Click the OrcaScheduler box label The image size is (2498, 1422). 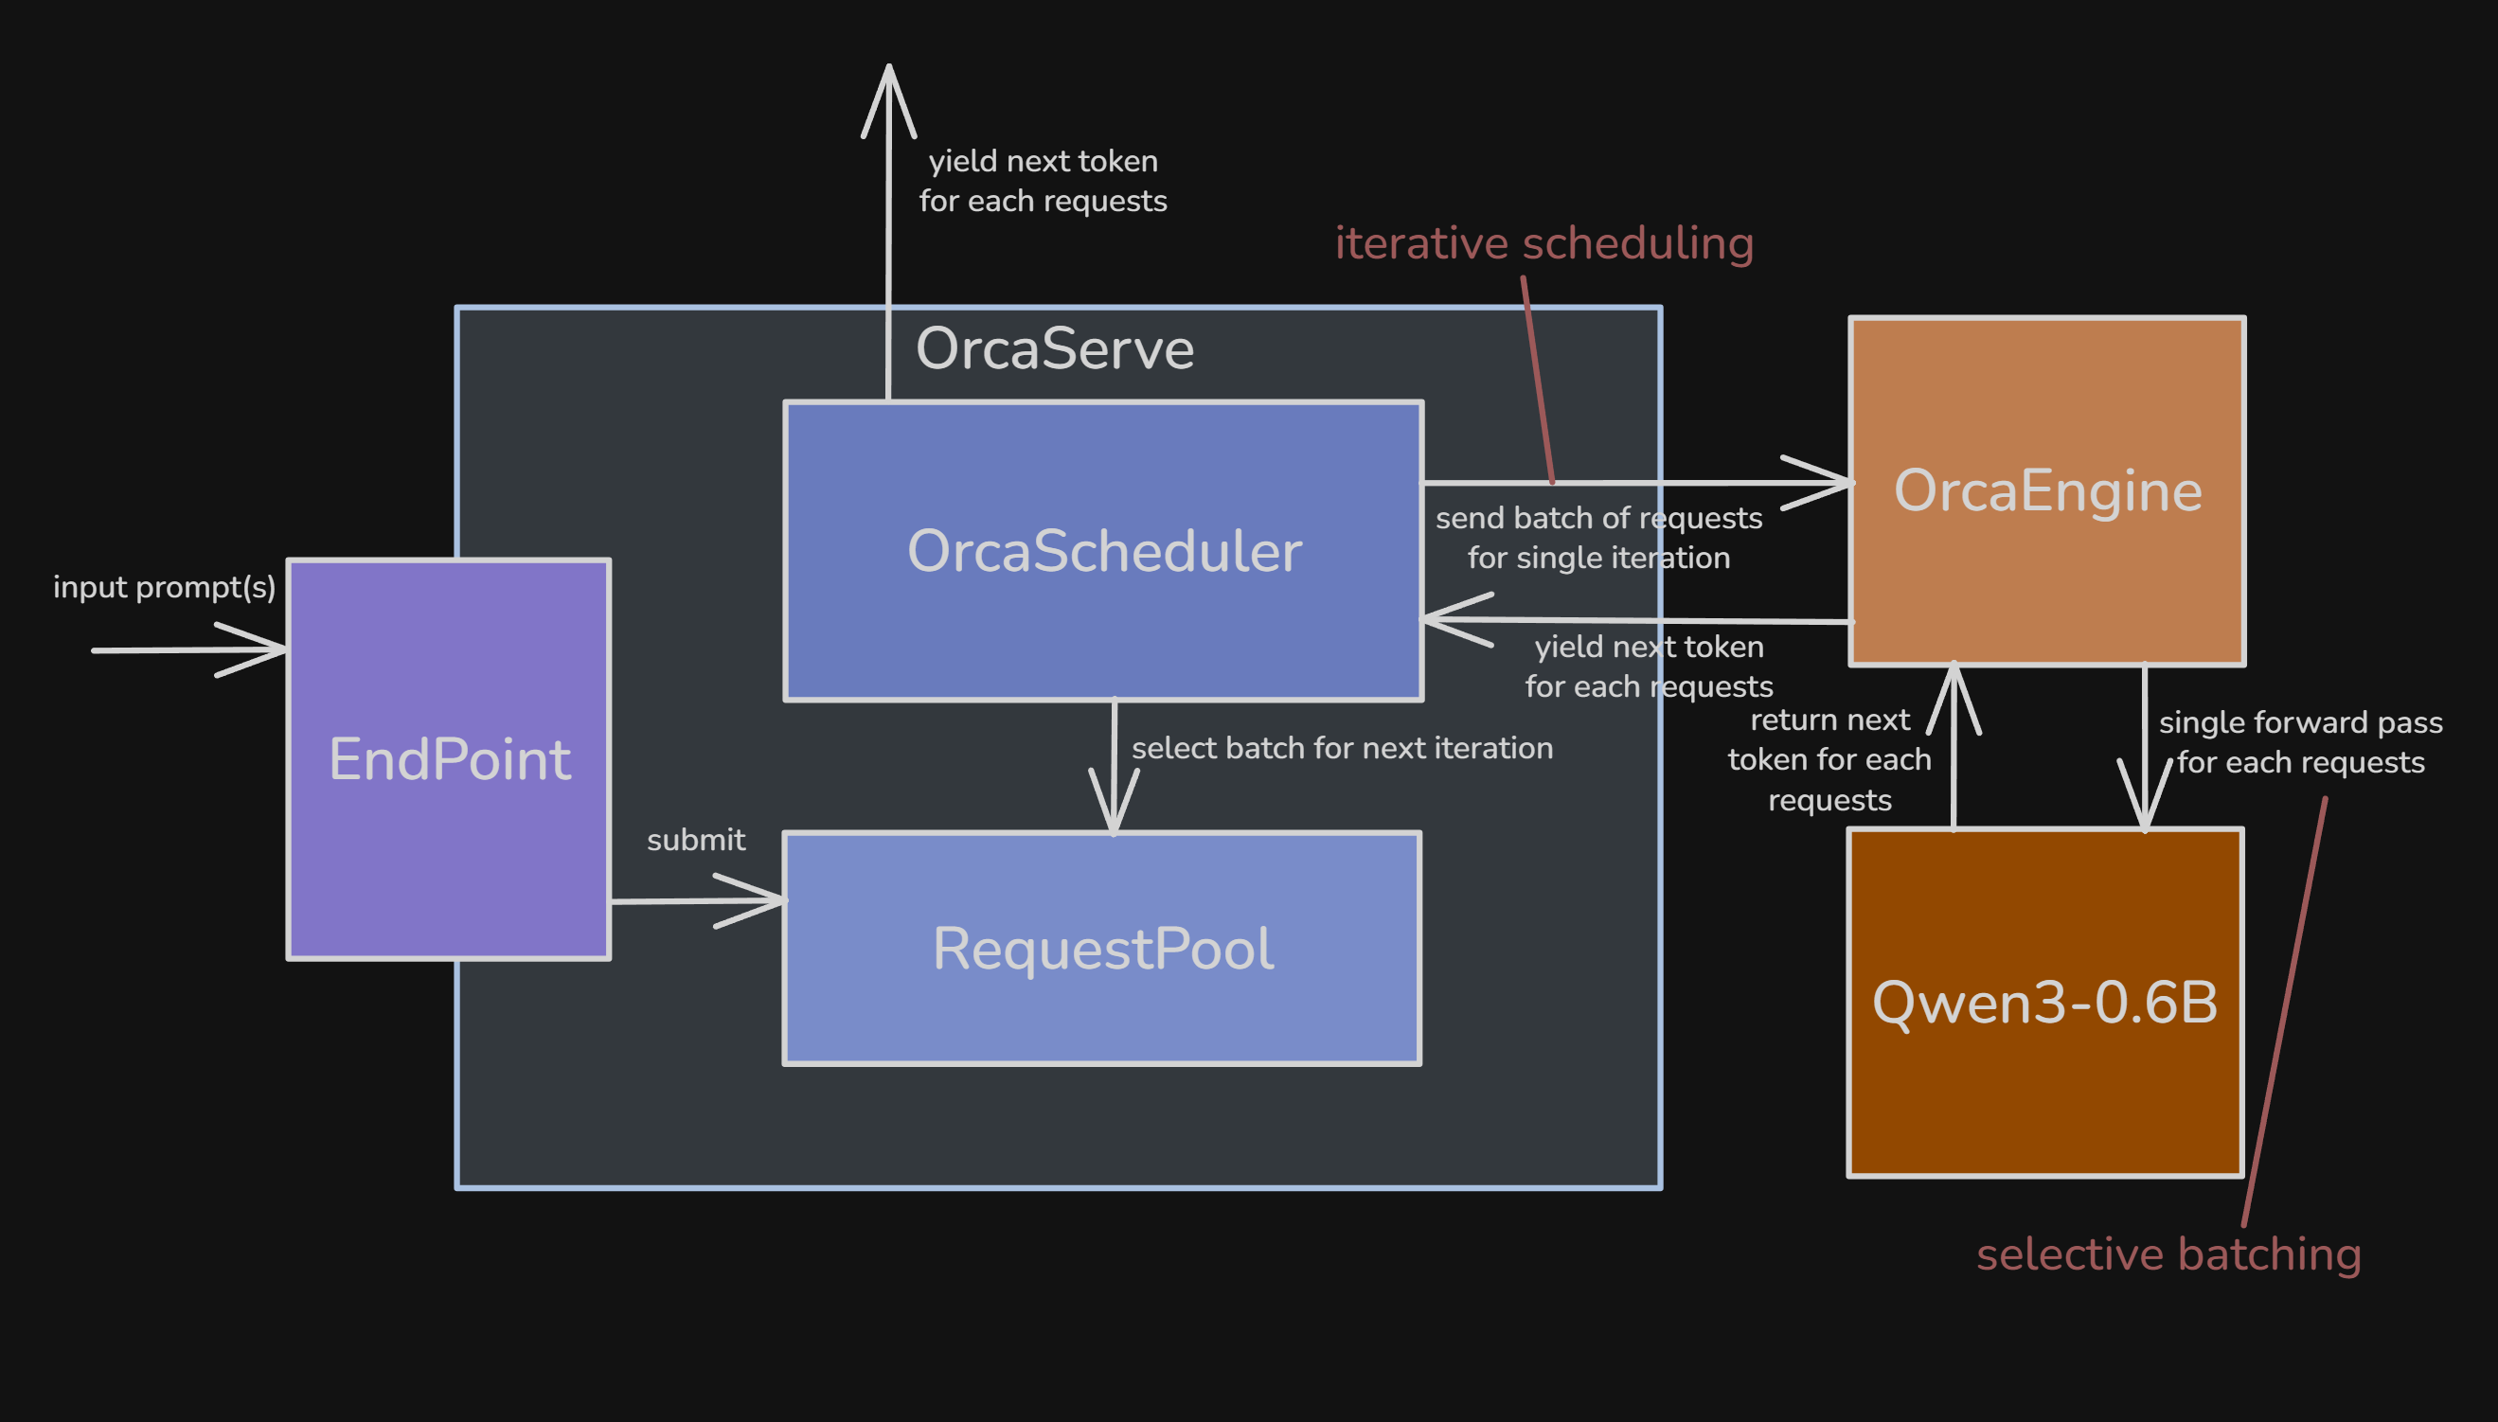pyautogui.click(x=1103, y=551)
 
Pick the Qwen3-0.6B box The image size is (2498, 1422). pyautogui.click(x=2044, y=1075)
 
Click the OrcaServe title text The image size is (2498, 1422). pyautogui.click(x=1055, y=348)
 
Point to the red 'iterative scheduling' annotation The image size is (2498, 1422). pyautogui.click(x=1543, y=243)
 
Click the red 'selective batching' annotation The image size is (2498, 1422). pyautogui.click(x=2168, y=1254)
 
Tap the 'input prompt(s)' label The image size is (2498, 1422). pyautogui.click(x=164, y=587)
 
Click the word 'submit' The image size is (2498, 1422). pyautogui.click(x=695, y=840)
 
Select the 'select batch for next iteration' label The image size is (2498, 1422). pyautogui.click(x=1342, y=748)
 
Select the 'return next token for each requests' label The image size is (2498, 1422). pyautogui.click(x=1829, y=760)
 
